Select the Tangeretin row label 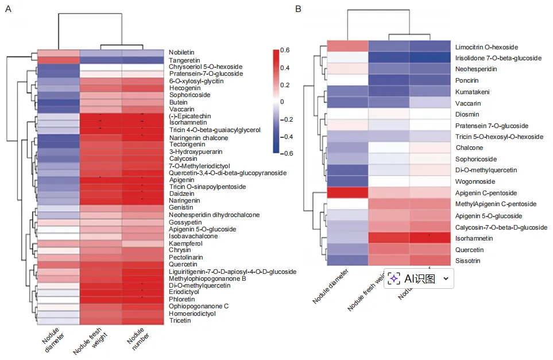tap(183, 60)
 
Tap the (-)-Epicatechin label tap(188, 116)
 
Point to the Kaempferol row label tap(183, 243)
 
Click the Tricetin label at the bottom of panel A tap(180, 320)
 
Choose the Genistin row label tap(180, 208)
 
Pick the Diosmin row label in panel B tap(468, 114)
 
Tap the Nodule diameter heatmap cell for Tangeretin tap(58, 60)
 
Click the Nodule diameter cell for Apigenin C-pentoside tap(347, 193)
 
